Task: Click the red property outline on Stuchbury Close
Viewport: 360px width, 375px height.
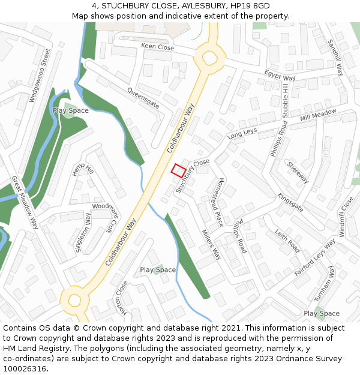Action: [178, 170]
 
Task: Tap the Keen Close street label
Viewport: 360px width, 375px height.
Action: [157, 47]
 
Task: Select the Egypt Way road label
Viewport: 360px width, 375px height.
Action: [280, 76]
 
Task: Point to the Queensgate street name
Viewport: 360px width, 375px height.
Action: [143, 96]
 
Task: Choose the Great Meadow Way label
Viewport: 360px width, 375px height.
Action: [25, 203]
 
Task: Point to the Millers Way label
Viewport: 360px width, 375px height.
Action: [211, 244]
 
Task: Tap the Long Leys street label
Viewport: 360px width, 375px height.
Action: [242, 134]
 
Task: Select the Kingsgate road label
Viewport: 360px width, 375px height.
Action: [290, 202]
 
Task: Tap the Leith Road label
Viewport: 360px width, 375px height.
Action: [287, 239]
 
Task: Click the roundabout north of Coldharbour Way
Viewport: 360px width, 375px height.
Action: [209, 58]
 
